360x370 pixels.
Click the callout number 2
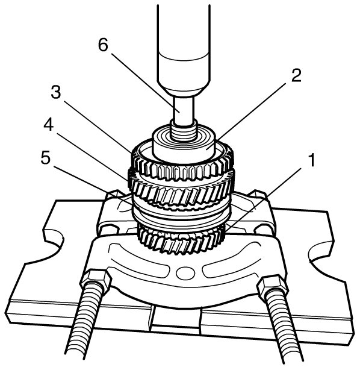[296, 76]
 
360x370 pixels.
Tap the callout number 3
[56, 92]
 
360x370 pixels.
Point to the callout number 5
[46, 157]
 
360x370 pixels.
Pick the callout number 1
[312, 160]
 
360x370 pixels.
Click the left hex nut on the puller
[96, 281]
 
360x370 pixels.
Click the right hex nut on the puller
[273, 287]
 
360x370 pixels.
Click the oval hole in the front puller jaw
[185, 273]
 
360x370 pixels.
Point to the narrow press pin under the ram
[184, 110]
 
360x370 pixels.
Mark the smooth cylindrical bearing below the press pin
[184, 145]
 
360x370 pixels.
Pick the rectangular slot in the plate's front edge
[176, 318]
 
